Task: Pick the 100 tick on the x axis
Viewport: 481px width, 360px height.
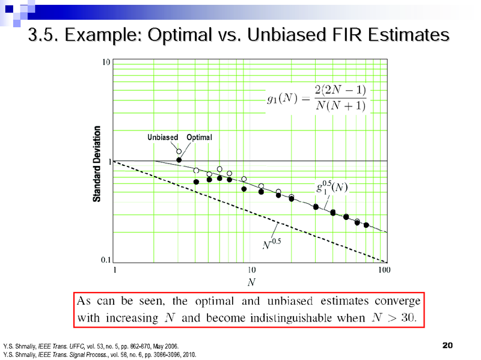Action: tap(384, 270)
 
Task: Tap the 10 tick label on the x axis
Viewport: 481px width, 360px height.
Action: tap(251, 270)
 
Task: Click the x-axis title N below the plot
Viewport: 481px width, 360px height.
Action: tap(251, 281)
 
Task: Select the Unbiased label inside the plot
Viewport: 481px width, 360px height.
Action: tap(162, 138)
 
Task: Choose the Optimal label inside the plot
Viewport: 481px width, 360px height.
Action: tap(199, 138)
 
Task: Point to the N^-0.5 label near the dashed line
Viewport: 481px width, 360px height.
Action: tap(272, 243)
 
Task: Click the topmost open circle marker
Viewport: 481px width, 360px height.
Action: tap(179, 151)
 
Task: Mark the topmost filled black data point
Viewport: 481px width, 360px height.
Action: tap(179, 160)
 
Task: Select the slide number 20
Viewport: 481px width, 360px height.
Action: tap(447, 345)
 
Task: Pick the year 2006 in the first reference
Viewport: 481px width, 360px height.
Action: tap(170, 347)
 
